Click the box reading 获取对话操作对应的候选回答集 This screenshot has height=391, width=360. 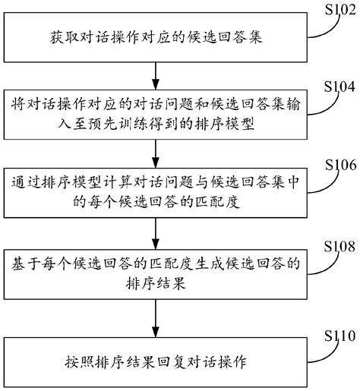pos(155,36)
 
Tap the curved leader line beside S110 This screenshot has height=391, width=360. pos(321,348)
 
